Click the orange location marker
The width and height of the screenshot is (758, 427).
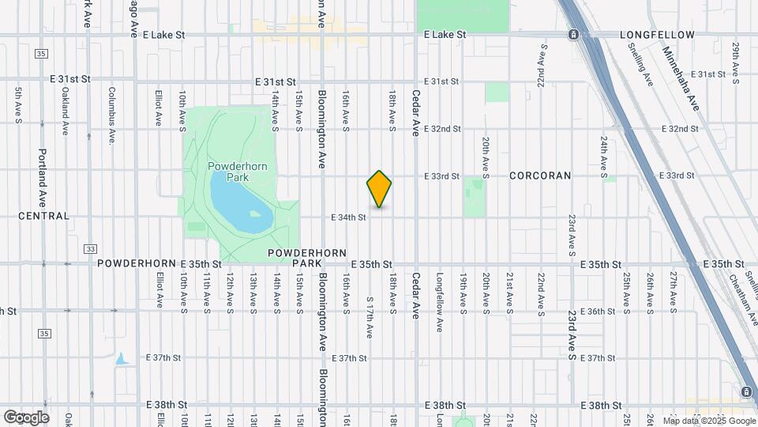(x=380, y=189)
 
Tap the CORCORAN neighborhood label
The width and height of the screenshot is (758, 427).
(x=540, y=176)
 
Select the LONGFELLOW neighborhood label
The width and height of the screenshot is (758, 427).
(x=657, y=36)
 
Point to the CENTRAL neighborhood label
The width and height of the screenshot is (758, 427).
(x=43, y=216)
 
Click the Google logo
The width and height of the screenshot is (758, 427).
(x=26, y=417)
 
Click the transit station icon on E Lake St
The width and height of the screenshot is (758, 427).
(x=573, y=35)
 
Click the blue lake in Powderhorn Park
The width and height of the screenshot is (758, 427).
(x=237, y=202)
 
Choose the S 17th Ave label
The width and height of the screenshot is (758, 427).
(x=370, y=317)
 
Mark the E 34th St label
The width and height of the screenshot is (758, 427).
(x=348, y=217)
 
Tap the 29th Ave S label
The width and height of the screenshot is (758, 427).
(x=735, y=63)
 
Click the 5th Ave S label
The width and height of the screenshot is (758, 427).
(x=18, y=104)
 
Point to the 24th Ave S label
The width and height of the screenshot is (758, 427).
(x=603, y=154)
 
